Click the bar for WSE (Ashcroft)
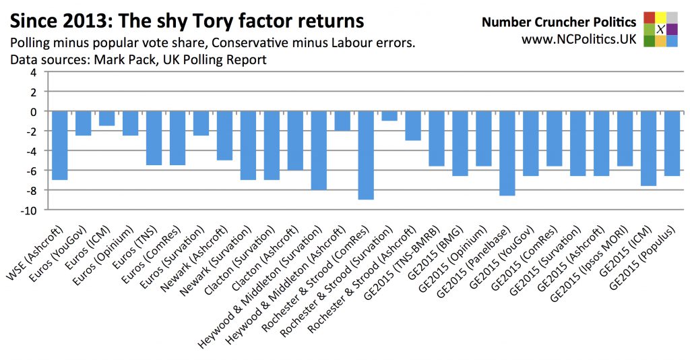click(x=60, y=145)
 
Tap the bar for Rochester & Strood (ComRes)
click(x=366, y=155)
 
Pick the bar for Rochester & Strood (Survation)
click(x=389, y=115)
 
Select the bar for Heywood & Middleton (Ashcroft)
click(x=342, y=121)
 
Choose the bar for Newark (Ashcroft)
click(x=224, y=135)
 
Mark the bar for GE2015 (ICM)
click(x=649, y=148)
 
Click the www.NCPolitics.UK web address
click(x=579, y=40)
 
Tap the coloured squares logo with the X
click(x=660, y=28)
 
